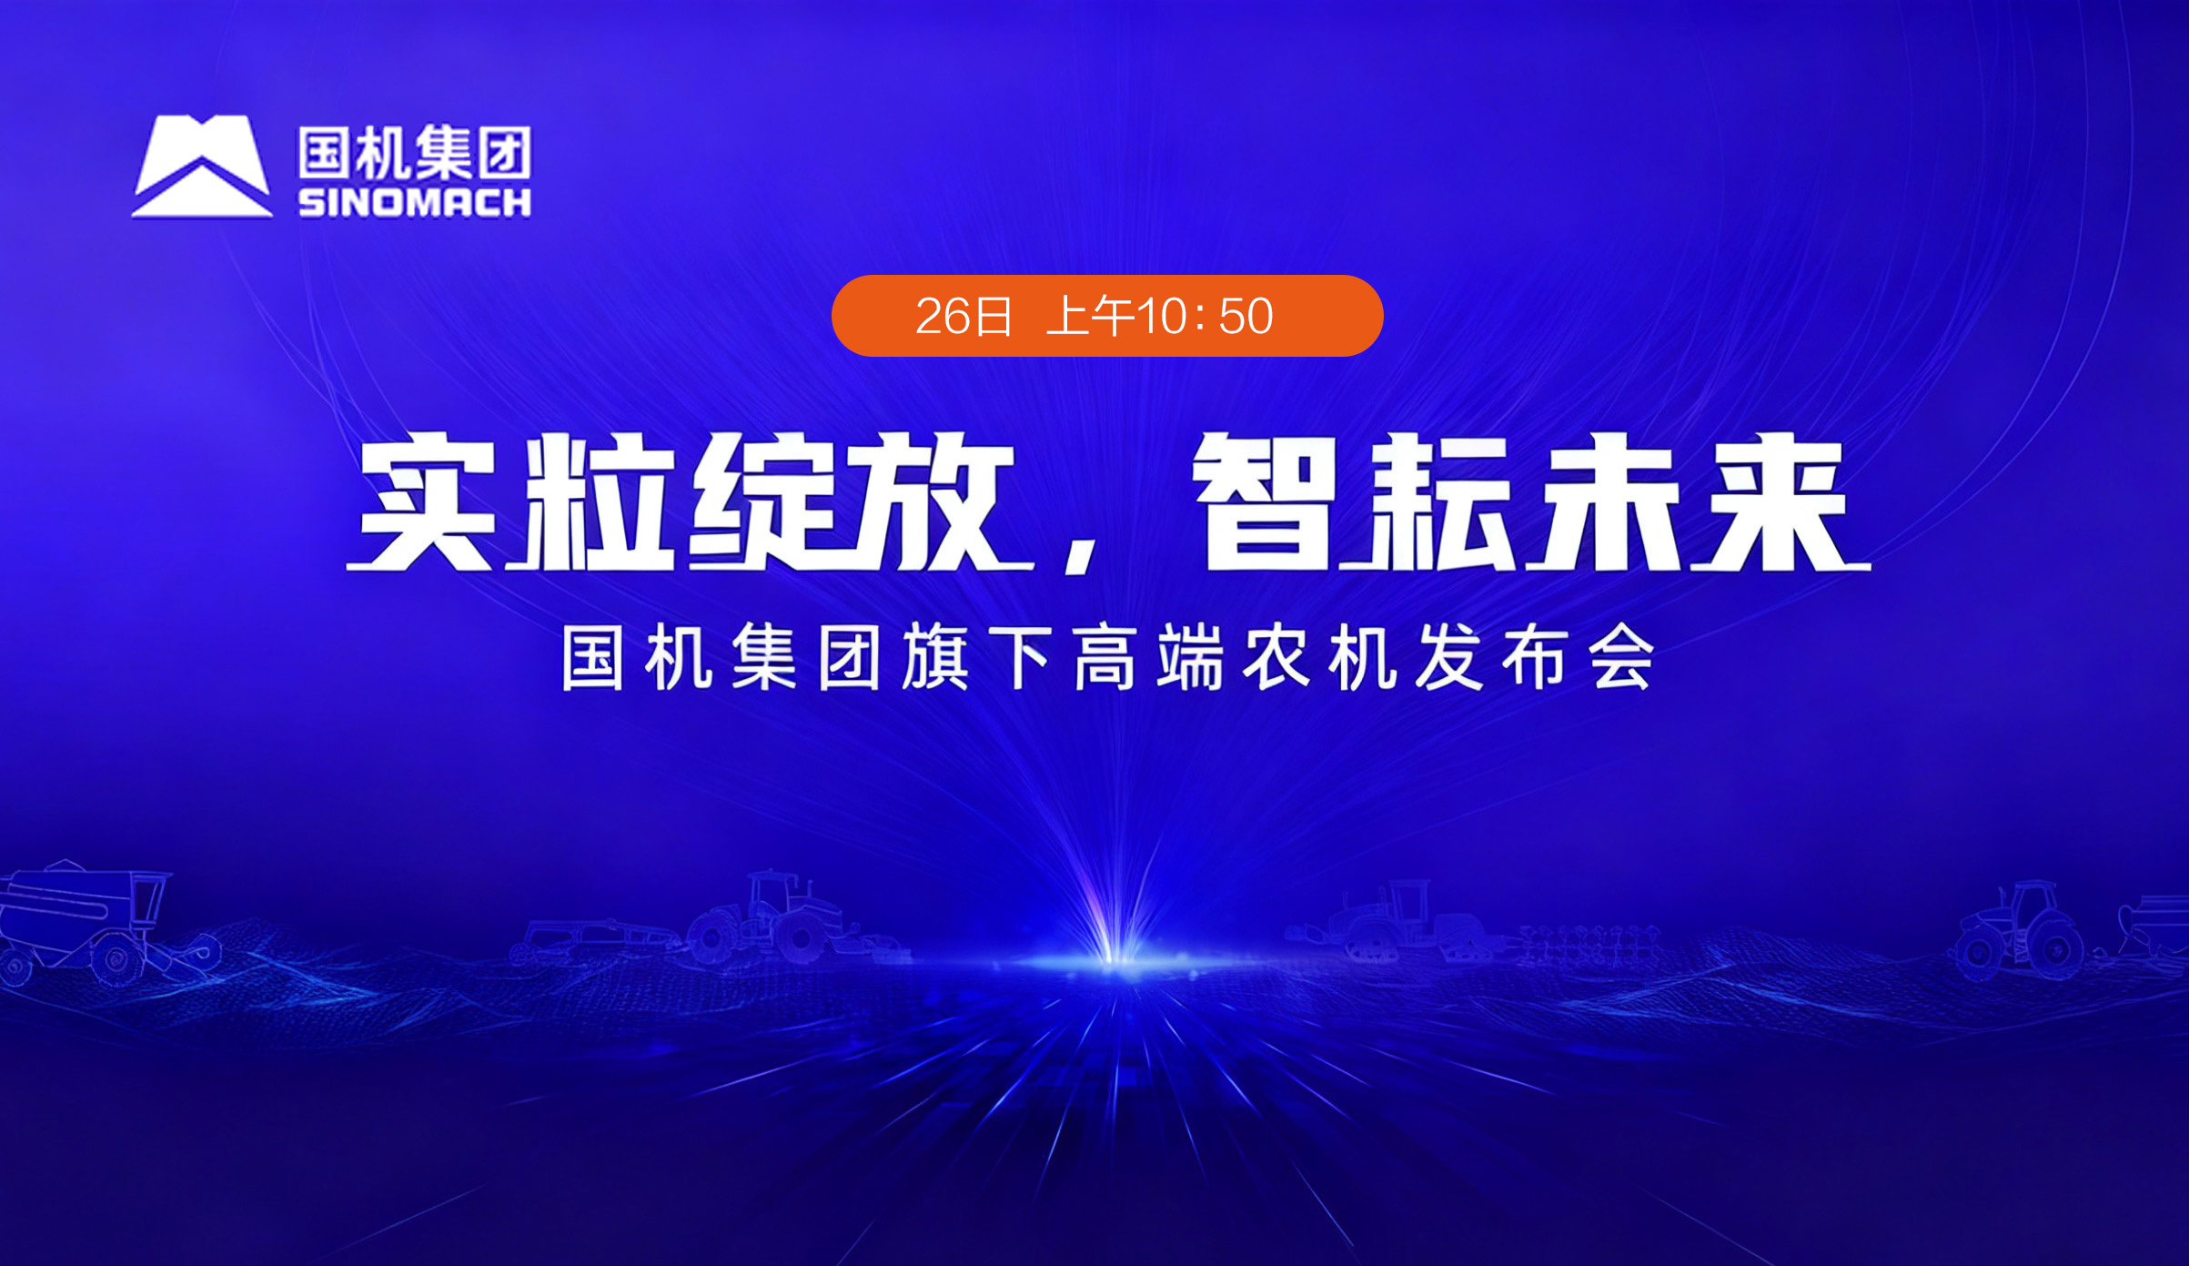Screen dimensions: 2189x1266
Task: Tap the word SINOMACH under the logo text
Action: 415,203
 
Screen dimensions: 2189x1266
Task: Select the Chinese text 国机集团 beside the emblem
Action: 415,152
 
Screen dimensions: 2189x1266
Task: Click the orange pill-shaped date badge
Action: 1107,315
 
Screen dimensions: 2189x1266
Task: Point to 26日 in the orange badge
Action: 963,316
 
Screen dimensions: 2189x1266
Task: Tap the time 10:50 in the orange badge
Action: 1205,316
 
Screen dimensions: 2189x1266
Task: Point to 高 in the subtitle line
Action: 1105,657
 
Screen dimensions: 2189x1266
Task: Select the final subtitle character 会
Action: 1621,657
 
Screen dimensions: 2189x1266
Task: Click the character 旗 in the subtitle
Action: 935,657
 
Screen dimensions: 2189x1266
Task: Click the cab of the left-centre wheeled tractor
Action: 772,896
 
